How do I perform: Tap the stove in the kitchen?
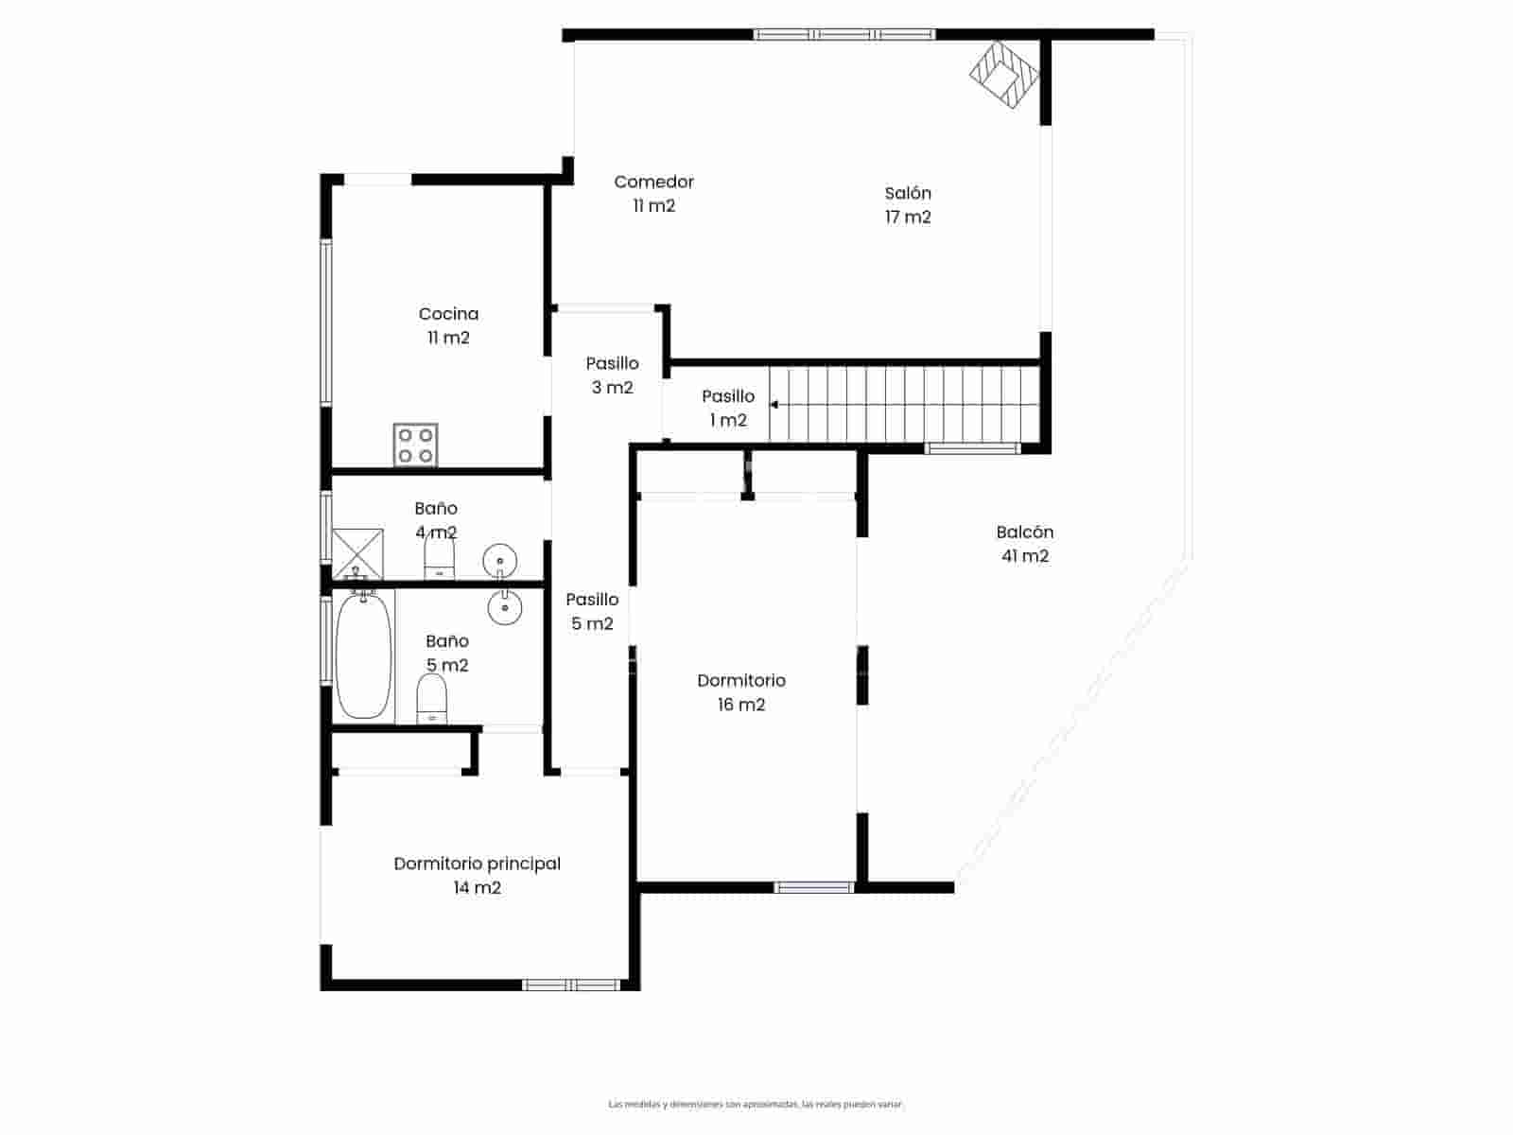coord(416,445)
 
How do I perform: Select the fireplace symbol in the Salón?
coord(1004,75)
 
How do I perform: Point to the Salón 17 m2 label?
coord(908,204)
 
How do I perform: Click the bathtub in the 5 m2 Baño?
coord(363,655)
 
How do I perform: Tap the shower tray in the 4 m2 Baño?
coord(357,553)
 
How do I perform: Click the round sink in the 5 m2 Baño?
coord(505,606)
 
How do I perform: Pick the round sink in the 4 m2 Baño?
coord(498,560)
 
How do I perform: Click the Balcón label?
coord(1024,543)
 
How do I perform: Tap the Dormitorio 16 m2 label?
coord(741,691)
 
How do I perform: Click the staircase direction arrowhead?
coord(774,405)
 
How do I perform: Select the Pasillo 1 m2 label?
coord(728,408)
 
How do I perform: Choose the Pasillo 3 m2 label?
coord(612,375)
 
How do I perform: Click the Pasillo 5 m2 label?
coord(592,611)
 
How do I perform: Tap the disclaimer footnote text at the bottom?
coord(756,1104)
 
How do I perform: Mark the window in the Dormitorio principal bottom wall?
coord(571,985)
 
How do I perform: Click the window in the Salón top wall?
coord(844,35)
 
